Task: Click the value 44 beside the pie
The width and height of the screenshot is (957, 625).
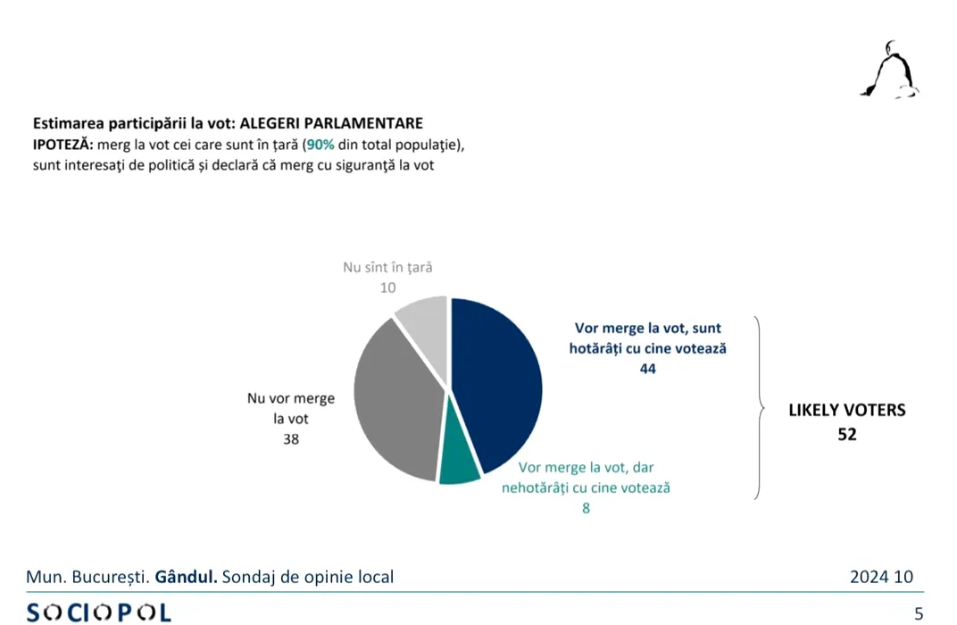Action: tap(647, 368)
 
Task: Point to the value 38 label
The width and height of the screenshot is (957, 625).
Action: tap(290, 439)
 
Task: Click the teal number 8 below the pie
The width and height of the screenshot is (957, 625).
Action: tap(586, 509)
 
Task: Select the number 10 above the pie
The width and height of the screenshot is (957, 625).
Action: tap(387, 287)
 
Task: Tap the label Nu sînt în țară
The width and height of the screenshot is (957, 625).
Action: tap(387, 268)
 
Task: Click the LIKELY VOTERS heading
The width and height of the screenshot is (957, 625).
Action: tap(846, 411)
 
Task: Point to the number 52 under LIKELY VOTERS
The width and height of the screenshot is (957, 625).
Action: tap(846, 436)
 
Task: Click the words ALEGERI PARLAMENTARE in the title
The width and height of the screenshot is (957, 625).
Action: tap(332, 123)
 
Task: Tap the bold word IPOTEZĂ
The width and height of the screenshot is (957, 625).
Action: tap(62, 146)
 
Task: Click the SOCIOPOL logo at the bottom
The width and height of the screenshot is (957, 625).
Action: tap(98, 612)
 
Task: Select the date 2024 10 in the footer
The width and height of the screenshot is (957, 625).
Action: tap(881, 577)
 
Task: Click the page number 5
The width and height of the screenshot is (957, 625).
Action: tap(919, 612)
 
